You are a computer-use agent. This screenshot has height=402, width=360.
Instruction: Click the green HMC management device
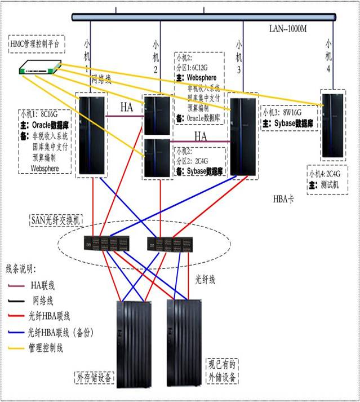pos(39,68)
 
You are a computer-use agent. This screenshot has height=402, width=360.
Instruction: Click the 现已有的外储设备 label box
pos(222,370)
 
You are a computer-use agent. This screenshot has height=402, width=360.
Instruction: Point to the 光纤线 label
pos(206,278)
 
